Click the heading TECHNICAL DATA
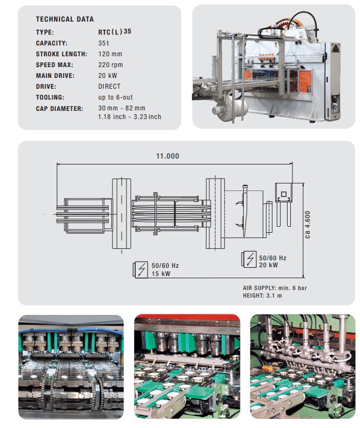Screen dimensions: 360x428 (x=65, y=19)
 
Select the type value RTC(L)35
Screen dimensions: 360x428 (x=115, y=32)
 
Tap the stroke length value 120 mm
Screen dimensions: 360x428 (x=110, y=54)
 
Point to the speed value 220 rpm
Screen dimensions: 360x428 (x=110, y=65)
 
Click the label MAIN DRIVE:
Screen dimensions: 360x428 (x=55, y=76)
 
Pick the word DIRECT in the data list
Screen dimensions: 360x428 (x=109, y=86)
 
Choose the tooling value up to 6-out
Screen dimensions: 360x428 (x=115, y=97)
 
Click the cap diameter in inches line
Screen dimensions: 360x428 (x=130, y=116)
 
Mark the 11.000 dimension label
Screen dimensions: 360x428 (x=168, y=156)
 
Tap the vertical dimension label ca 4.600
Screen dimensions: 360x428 (x=308, y=225)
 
